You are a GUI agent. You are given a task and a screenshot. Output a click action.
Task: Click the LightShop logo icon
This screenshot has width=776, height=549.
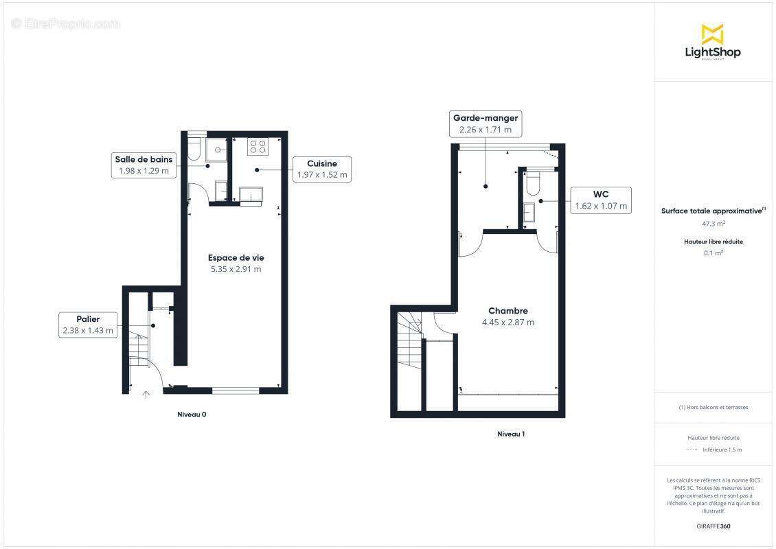pyautogui.click(x=712, y=34)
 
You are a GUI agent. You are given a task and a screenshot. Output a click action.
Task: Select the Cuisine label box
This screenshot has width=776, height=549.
pyautogui.click(x=321, y=169)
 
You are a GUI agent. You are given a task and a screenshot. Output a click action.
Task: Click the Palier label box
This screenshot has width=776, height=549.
pyautogui.click(x=88, y=325)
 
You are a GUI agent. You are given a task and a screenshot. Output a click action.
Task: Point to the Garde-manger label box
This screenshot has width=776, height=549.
pyautogui.click(x=485, y=124)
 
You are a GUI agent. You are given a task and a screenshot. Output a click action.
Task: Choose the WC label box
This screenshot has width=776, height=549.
pyautogui.click(x=600, y=200)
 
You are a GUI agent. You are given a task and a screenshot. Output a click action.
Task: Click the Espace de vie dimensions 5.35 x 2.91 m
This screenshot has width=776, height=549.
pyautogui.click(x=236, y=269)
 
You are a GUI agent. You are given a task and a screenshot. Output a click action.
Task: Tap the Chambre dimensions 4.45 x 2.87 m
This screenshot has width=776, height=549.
pyautogui.click(x=507, y=323)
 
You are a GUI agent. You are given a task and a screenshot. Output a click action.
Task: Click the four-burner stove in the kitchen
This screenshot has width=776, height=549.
pyautogui.click(x=258, y=146)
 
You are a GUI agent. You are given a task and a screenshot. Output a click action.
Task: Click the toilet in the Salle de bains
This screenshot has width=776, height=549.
pyautogui.click(x=194, y=148)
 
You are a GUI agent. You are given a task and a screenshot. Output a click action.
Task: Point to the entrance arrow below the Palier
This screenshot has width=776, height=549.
pyautogui.click(x=146, y=394)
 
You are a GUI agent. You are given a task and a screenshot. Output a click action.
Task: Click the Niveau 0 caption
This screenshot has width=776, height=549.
pyautogui.click(x=192, y=414)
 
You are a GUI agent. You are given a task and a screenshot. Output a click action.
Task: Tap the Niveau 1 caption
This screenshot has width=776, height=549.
pyautogui.click(x=511, y=434)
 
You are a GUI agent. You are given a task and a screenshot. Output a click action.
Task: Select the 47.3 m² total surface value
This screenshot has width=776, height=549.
pyautogui.click(x=714, y=224)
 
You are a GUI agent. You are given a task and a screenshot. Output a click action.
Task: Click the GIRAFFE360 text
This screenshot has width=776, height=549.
pyautogui.click(x=714, y=527)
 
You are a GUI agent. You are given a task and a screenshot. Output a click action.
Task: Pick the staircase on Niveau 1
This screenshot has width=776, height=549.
pyautogui.click(x=409, y=336)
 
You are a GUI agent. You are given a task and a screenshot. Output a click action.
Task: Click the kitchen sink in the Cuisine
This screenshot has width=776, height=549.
pyautogui.click(x=250, y=194)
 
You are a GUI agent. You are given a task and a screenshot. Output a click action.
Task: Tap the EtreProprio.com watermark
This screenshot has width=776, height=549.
pyautogui.click(x=65, y=24)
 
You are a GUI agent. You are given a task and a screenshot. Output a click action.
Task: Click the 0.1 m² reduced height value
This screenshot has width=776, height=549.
pyautogui.click(x=714, y=253)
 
